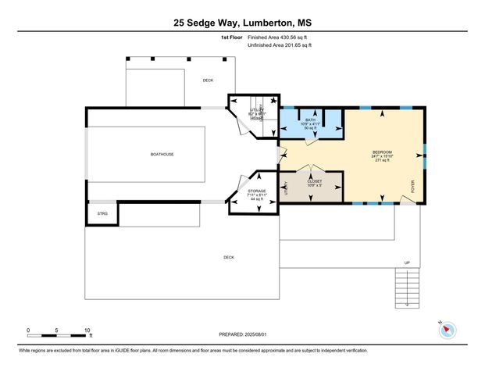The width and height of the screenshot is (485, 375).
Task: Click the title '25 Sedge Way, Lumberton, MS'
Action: click(242, 23)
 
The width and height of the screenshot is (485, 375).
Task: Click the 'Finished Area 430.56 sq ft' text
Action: click(280, 37)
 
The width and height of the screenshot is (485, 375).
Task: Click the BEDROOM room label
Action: click(381, 151)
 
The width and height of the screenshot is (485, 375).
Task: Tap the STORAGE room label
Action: click(257, 191)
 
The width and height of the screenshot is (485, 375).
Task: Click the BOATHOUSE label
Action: click(162, 154)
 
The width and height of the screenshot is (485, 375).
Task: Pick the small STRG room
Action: click(102, 213)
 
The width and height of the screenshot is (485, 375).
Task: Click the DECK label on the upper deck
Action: click(208, 80)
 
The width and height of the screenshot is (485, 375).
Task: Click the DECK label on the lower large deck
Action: click(229, 257)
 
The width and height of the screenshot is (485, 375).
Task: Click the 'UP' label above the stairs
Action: click(406, 262)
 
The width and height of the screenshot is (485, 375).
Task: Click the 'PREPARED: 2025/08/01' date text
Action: click(242, 334)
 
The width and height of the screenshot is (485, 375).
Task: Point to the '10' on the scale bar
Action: click(86, 330)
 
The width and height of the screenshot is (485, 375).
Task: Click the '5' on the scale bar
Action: click(57, 330)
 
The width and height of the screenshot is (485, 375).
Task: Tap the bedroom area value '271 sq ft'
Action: click(381, 160)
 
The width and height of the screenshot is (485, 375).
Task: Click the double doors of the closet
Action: click(312, 170)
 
